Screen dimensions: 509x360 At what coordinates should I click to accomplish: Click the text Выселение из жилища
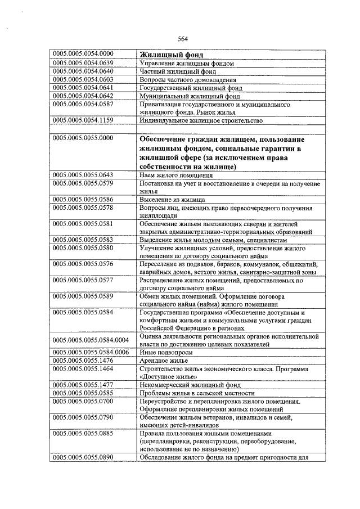click(x=172, y=200)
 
